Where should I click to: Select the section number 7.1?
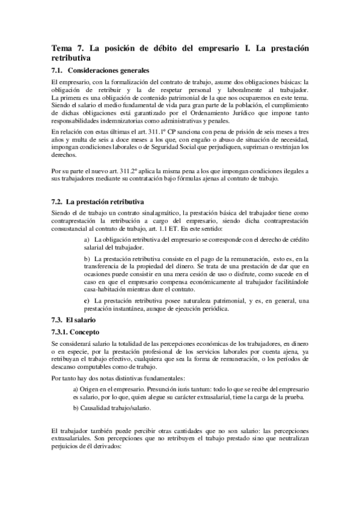(58, 70)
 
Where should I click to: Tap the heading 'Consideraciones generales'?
(111, 70)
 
